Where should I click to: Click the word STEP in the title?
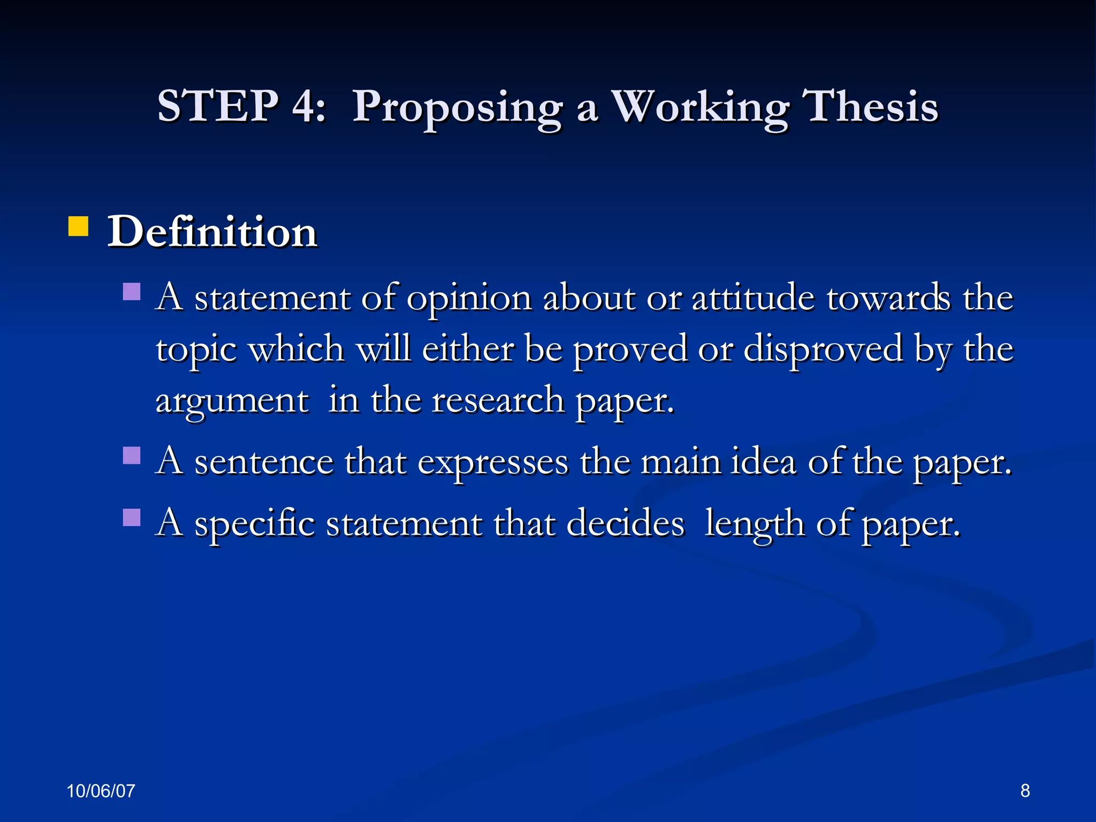[217, 105]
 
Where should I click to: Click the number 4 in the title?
[305, 105]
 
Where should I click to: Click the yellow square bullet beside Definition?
[78, 226]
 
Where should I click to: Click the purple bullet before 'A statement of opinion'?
[132, 292]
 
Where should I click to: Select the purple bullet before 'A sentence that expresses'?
[132, 455]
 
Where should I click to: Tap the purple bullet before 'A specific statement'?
[132, 517]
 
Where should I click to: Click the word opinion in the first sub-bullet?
[469, 299]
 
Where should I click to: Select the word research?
[498, 400]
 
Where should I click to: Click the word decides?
[625, 523]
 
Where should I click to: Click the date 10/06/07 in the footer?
[101, 791]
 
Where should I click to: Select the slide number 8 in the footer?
[1025, 790]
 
